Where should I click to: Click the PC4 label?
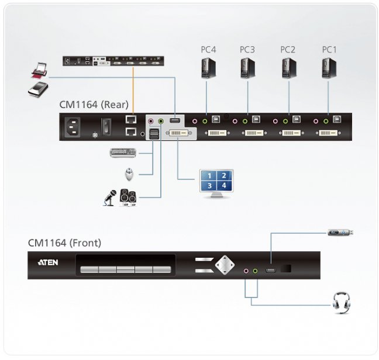[x=208, y=50]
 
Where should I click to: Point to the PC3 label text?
[x=247, y=50]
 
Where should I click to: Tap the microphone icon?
[x=109, y=199]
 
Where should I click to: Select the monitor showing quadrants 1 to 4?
[x=216, y=182]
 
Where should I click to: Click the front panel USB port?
[x=270, y=270]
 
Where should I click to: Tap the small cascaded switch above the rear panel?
[x=113, y=60]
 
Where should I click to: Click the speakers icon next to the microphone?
[x=128, y=198]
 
